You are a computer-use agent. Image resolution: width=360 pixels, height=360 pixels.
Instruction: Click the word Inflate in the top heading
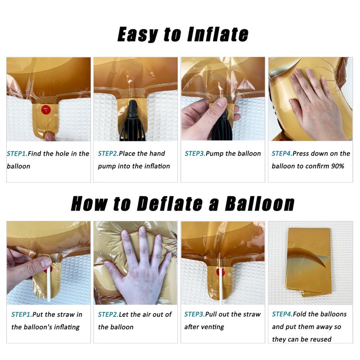pyautogui.click(x=218, y=35)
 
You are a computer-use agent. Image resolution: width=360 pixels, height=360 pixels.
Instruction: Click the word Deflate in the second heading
pyautogui.click(x=170, y=203)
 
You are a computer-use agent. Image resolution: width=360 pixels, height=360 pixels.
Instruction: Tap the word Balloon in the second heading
pyautogui.click(x=260, y=203)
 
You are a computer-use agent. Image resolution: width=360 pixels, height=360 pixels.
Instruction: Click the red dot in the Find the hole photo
pyautogui.click(x=46, y=110)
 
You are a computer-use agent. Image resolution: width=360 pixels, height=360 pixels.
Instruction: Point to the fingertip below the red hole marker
pyautogui.click(x=49, y=136)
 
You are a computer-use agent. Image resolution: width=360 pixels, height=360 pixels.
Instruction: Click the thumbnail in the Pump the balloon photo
pyautogui.click(x=221, y=102)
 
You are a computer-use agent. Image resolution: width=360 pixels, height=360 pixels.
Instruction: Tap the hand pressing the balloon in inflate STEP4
pyautogui.click(x=316, y=103)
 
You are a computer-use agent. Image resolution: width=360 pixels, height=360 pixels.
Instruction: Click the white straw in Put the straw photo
pyautogui.click(x=49, y=283)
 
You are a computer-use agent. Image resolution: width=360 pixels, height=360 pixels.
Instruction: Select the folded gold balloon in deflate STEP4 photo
pyautogui.click(x=309, y=262)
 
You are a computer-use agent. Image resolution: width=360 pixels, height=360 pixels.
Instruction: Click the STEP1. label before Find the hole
pyautogui.click(x=17, y=153)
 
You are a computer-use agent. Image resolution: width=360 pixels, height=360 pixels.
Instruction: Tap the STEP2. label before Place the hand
pyautogui.click(x=108, y=153)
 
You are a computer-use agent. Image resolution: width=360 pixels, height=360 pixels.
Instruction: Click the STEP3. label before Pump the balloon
pyautogui.click(x=195, y=153)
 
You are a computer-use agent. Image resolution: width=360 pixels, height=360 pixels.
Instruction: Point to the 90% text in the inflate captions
pyautogui.click(x=337, y=166)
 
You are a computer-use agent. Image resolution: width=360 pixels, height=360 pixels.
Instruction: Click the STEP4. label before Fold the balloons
pyautogui.click(x=283, y=314)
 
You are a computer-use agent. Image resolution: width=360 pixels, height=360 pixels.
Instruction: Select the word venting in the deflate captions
pyautogui.click(x=213, y=327)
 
